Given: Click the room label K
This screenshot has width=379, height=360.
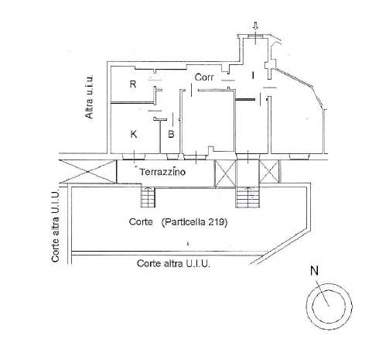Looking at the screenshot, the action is pos(134,134).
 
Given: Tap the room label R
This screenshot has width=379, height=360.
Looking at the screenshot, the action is pos(133,84).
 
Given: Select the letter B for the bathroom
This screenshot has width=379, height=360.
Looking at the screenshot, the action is pos(171,134).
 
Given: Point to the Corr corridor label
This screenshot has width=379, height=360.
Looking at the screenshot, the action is pos(204,77).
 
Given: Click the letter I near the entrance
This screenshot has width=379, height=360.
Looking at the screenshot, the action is pos(253,76).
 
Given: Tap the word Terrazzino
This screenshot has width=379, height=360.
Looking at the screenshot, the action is pos(162,172).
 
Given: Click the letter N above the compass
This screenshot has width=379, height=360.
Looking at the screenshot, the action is pos(314,271).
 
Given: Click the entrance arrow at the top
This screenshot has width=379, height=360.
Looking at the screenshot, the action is pos(255,26).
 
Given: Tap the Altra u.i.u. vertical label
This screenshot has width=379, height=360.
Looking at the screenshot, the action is pos(89,97).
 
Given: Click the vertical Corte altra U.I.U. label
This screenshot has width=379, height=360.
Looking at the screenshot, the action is pos(55,226).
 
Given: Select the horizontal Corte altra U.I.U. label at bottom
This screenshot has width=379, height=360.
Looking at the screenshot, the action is pos(173,263).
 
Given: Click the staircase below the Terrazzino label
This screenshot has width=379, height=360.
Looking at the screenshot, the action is pos(148,197).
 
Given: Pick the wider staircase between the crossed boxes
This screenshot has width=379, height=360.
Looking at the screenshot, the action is pos(248,197).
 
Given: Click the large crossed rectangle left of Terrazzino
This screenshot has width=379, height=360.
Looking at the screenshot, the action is pos(87,171).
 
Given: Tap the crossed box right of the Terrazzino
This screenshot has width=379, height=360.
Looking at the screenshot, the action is pos(225,173).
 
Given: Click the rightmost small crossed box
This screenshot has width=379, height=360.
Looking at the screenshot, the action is pos(269,171).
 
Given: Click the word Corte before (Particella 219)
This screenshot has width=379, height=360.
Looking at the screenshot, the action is pos(141,221).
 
